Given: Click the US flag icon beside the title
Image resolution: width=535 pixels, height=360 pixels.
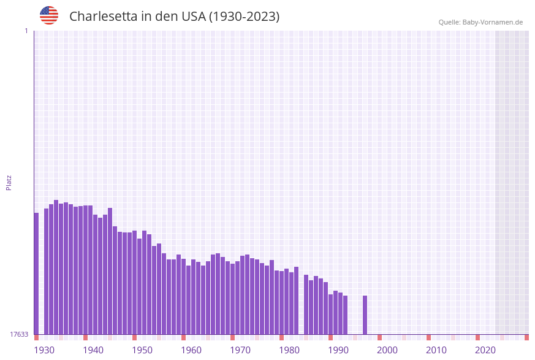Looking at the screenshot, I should click(x=49, y=15).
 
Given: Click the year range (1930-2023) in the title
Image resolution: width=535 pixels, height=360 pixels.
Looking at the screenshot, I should click(x=244, y=17).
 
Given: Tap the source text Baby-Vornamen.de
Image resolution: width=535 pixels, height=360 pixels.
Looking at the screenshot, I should click(x=493, y=22).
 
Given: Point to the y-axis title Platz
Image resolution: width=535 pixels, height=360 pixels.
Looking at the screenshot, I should click(x=9, y=182).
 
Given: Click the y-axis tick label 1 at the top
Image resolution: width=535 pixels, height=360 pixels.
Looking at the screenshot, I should click(x=26, y=31).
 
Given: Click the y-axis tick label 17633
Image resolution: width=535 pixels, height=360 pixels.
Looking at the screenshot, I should click(x=18, y=334).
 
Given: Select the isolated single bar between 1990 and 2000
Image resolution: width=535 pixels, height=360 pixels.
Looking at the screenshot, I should click(x=365, y=315).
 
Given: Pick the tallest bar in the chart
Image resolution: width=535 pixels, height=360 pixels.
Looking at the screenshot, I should click(x=56, y=267).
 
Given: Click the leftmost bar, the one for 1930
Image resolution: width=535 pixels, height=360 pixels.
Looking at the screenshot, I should click(x=36, y=273).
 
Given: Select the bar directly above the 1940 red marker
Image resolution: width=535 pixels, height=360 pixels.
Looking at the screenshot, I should click(x=85, y=270).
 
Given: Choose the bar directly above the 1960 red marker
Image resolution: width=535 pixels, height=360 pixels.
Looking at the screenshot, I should click(x=183, y=296).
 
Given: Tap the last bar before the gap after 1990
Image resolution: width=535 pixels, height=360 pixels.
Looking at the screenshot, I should click(x=345, y=315).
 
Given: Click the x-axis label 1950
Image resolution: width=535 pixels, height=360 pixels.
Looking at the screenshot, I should click(x=142, y=350).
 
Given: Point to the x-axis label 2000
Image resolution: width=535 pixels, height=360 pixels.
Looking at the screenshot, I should click(x=387, y=350).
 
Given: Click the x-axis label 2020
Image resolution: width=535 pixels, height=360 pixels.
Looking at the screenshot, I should click(x=485, y=350).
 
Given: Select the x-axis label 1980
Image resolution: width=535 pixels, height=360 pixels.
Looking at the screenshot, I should click(x=289, y=350).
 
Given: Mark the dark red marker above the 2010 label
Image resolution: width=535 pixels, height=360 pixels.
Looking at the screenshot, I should click(x=428, y=337).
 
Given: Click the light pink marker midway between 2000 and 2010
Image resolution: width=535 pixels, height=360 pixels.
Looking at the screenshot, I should click(x=404, y=337).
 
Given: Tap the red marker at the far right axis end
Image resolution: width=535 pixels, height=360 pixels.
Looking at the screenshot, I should click(x=526, y=337).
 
